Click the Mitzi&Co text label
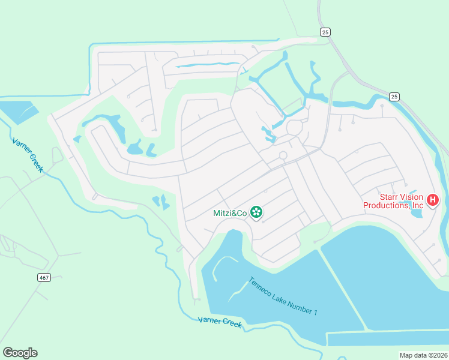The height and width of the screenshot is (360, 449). [230, 212]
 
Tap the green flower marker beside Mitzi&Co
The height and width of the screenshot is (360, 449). [256, 211]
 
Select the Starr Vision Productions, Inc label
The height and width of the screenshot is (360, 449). [393, 202]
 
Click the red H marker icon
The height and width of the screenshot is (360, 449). [432, 200]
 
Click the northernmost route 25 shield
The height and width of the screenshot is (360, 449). [325, 32]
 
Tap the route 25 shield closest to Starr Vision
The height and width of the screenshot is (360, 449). [394, 96]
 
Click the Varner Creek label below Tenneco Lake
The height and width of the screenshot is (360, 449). [220, 322]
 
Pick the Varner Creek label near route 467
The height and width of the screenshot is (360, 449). [28, 155]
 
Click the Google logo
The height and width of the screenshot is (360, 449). [20, 353]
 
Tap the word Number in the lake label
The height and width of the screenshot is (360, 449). [293, 303]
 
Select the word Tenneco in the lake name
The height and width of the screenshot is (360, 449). [261, 286]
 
